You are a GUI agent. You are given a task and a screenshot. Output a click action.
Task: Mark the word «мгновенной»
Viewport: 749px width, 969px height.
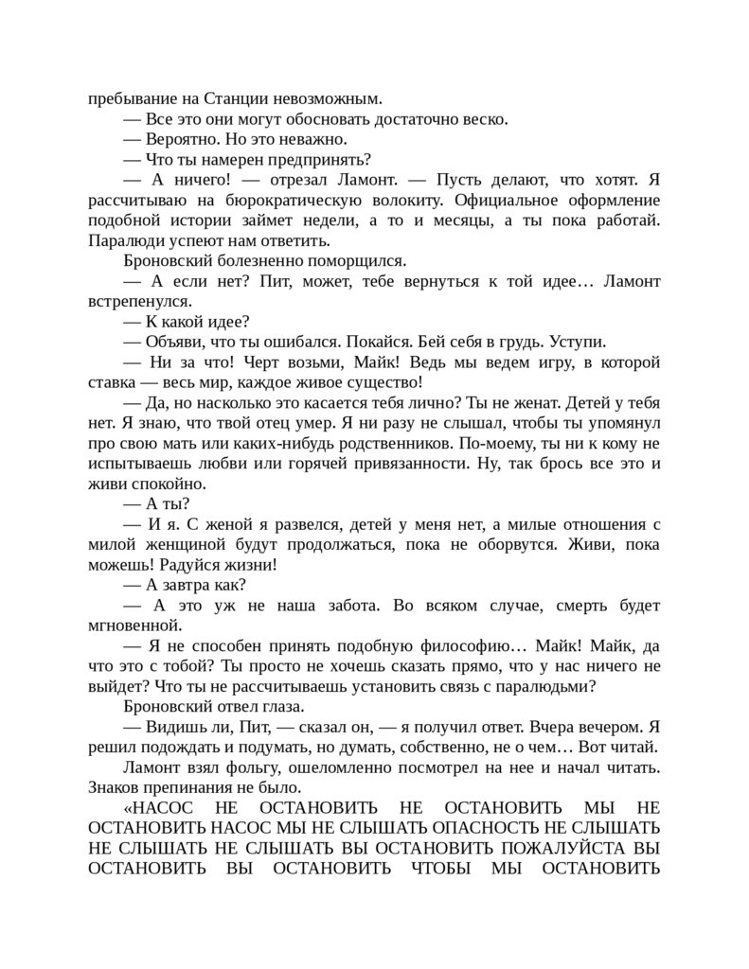tap(134, 625)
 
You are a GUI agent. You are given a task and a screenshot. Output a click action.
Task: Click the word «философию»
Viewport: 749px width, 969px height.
tap(448, 646)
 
